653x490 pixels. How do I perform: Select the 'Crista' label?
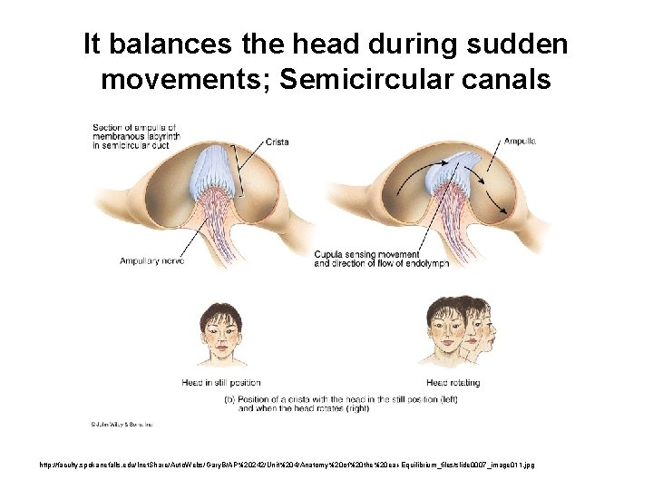click(278, 142)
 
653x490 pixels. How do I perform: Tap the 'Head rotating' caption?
click(449, 383)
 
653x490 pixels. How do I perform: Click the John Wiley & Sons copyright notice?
click(121, 424)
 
